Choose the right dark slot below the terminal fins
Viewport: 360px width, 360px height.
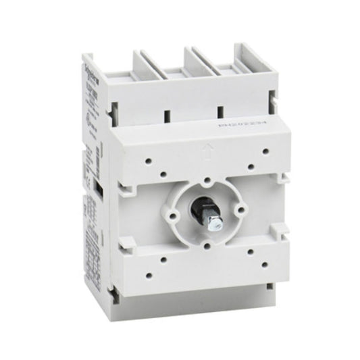(x=219, y=109)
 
